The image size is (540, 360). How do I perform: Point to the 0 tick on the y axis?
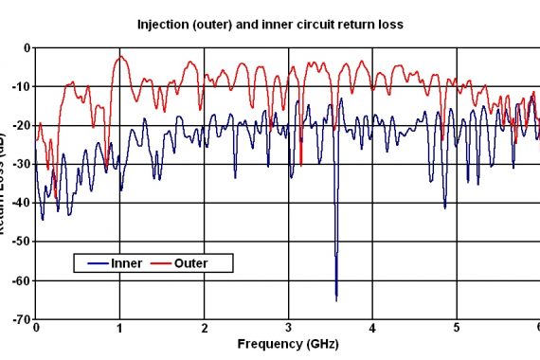[x=27, y=47]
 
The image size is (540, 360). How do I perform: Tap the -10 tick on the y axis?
[x=21, y=86]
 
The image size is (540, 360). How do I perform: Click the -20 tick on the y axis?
[x=21, y=125]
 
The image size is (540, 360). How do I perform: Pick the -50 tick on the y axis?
[x=21, y=242]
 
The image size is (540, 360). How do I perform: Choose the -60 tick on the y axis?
[x=21, y=280]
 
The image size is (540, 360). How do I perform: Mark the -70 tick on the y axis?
[x=21, y=319]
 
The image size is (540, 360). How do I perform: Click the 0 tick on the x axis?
[x=35, y=329]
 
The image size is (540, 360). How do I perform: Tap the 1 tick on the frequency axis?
[x=119, y=329]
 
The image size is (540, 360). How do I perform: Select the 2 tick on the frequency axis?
[x=204, y=329]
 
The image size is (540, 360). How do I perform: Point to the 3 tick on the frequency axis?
[x=288, y=329]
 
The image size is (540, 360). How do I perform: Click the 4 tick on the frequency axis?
[x=372, y=329]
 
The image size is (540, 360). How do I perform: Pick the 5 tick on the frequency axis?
[x=457, y=329]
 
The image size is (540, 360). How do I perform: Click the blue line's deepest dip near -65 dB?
[x=336, y=298]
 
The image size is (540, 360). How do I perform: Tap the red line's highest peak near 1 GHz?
[x=119, y=57]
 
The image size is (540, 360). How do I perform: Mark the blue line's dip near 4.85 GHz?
[x=445, y=207]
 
